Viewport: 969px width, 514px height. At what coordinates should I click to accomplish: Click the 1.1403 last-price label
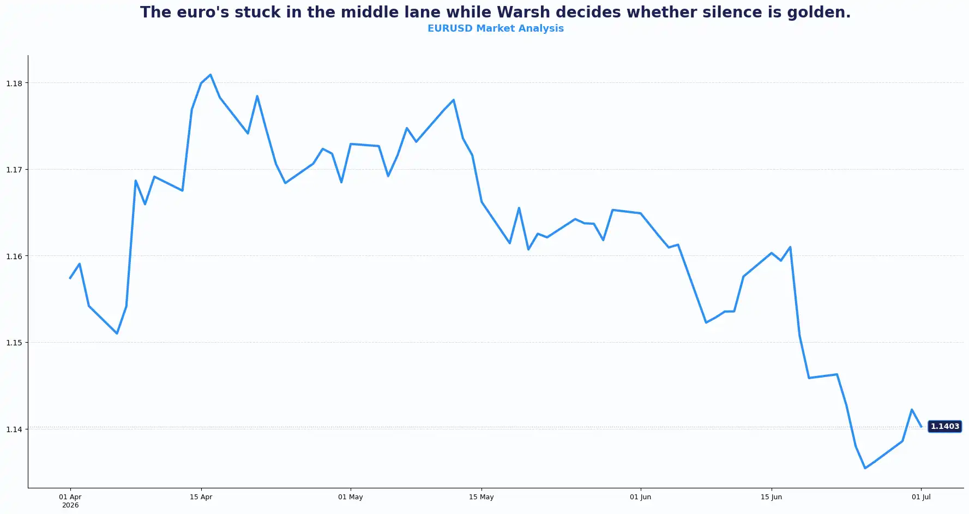click(944, 427)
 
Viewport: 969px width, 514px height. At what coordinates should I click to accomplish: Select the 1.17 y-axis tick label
click(14, 170)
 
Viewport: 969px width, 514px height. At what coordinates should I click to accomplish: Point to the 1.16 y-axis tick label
click(14, 256)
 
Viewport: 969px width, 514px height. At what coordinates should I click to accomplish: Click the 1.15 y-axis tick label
click(14, 343)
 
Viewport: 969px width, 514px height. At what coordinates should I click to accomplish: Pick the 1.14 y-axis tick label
click(14, 429)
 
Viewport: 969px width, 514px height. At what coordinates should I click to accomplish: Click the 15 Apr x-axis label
click(201, 497)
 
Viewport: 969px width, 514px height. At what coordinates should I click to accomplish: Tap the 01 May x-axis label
click(351, 497)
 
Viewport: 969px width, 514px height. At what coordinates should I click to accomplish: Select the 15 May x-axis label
click(482, 497)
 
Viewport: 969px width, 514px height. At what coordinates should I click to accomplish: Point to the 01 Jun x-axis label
click(640, 497)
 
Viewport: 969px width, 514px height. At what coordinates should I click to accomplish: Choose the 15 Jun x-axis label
click(771, 497)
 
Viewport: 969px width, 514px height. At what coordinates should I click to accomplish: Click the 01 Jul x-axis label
click(921, 497)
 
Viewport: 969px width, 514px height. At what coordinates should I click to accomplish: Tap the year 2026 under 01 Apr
click(70, 505)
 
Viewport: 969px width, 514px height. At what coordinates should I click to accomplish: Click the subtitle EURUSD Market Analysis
click(496, 28)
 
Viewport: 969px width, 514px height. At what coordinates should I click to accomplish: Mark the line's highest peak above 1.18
click(210, 75)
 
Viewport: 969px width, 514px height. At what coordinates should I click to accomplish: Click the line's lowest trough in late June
click(865, 468)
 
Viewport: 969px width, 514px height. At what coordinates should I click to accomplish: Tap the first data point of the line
click(70, 278)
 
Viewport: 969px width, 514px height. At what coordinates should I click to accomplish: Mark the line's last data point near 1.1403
click(921, 427)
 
